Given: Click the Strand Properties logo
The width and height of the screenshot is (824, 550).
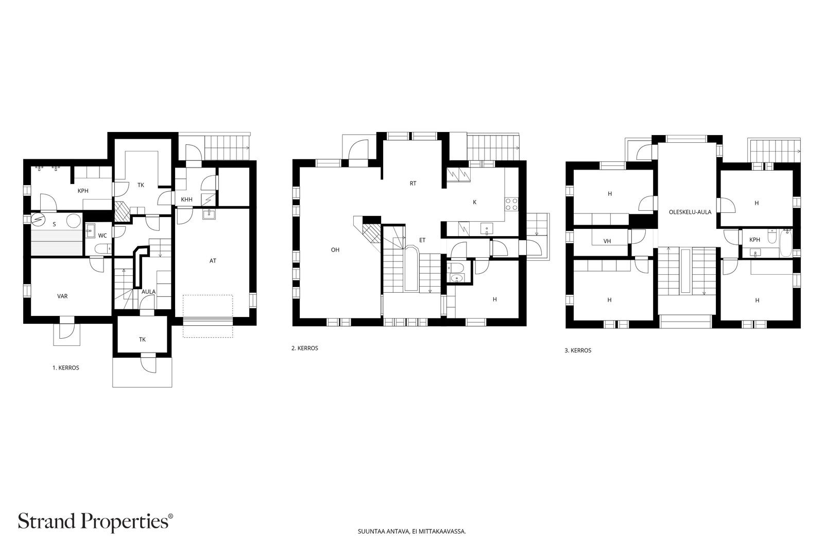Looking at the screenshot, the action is coord(95,522).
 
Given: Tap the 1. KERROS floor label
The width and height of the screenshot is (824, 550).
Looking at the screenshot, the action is coord(66,368).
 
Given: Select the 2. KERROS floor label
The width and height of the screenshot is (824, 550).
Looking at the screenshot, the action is coord(304,348).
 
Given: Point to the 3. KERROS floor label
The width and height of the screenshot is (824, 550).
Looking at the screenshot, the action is coord(578,351).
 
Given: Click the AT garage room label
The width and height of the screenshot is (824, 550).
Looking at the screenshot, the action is coord(213,261).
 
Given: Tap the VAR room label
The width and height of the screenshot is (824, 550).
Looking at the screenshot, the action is coord(62,296).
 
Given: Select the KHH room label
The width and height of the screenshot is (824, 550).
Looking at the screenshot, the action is coord(187,200).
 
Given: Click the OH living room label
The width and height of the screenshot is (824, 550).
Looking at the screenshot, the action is coord(335,250).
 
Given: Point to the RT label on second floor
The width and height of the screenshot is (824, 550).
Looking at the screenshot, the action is coord(413,184).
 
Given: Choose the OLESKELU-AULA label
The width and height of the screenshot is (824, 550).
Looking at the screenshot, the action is coord(690,212).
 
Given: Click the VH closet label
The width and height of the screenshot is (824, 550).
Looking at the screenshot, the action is coord(607,242).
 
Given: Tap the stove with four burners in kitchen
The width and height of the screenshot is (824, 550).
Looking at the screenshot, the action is coord(511,204).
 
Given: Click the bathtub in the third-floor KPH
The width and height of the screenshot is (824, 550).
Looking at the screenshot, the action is coord(785,243).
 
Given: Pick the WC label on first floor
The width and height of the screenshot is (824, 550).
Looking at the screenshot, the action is coord(102,236).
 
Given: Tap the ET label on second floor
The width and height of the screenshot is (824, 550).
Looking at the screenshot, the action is coord(422,240).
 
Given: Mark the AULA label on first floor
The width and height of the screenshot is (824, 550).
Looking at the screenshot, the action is coord(149,292).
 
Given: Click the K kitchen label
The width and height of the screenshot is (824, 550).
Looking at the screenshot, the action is coord(474,202).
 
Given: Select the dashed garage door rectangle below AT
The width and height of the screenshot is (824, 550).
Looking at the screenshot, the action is coord(208,316).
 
